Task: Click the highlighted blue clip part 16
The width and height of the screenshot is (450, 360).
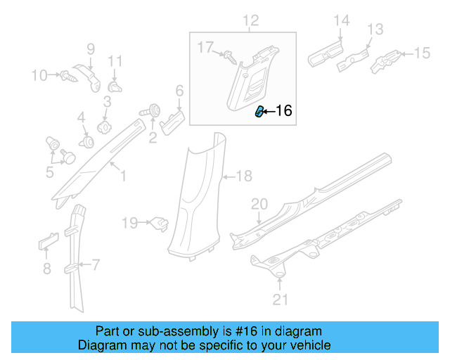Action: point(259,111)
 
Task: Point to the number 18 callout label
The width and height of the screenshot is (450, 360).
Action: point(243,176)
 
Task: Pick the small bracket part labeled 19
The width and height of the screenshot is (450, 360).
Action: point(160,224)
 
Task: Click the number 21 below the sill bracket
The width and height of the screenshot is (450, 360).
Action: point(281,302)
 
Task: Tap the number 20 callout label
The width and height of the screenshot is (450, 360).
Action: point(259,204)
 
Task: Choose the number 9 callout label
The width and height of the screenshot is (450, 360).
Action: point(90,49)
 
